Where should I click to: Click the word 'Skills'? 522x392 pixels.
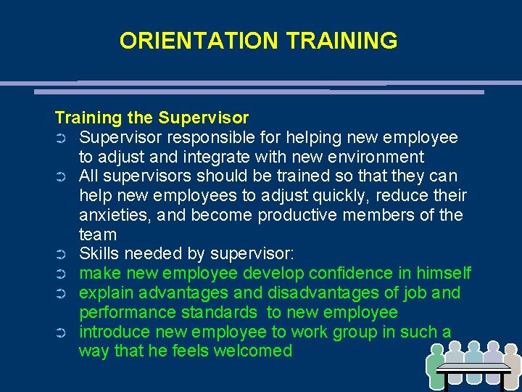99,254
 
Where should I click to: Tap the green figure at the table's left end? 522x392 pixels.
437,362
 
